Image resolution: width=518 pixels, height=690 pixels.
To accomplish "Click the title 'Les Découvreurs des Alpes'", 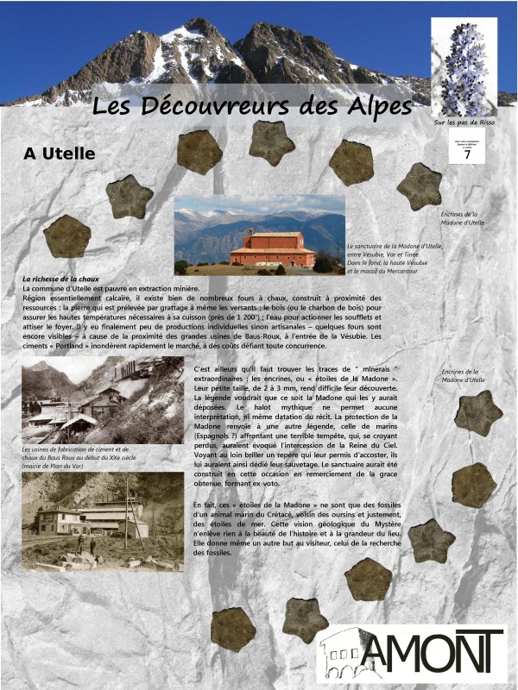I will click(252, 106).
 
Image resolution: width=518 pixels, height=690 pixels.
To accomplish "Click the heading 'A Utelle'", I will click(60, 154).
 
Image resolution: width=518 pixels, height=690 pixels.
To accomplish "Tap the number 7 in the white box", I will click(467, 155).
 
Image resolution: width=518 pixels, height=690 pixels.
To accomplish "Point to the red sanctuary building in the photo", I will click(273, 248).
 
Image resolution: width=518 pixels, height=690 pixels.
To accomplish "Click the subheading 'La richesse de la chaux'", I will click(61, 279).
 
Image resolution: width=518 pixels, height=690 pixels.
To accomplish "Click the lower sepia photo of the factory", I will click(103, 521).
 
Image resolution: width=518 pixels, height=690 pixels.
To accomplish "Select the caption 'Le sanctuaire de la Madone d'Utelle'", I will click(394, 246).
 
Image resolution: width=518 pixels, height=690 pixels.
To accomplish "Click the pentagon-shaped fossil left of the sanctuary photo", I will click(66, 236).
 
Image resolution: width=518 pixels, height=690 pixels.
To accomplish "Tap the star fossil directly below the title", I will click(272, 143).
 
